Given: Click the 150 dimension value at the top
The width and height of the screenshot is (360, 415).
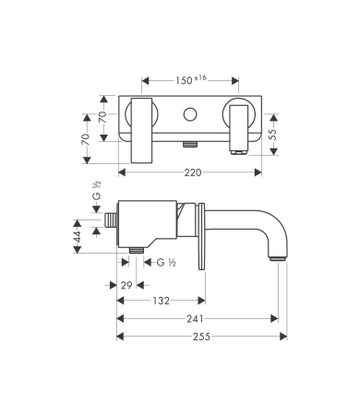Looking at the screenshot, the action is point(185,81).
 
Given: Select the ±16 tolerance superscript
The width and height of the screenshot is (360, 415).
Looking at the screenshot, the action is point(200,78).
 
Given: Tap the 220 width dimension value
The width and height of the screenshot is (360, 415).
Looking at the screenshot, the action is point(193,172).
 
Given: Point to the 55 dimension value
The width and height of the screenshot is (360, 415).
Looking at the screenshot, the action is point(273,135).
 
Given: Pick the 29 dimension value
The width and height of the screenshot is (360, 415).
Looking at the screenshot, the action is point(126,286).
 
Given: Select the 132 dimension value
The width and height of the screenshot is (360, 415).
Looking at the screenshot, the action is point(162,301).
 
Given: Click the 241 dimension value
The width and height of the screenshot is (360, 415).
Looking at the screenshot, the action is point(195,319).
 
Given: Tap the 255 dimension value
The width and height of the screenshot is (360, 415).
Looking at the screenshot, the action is point(201,337).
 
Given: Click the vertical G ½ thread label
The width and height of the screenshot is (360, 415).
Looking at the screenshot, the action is point(97,191).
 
